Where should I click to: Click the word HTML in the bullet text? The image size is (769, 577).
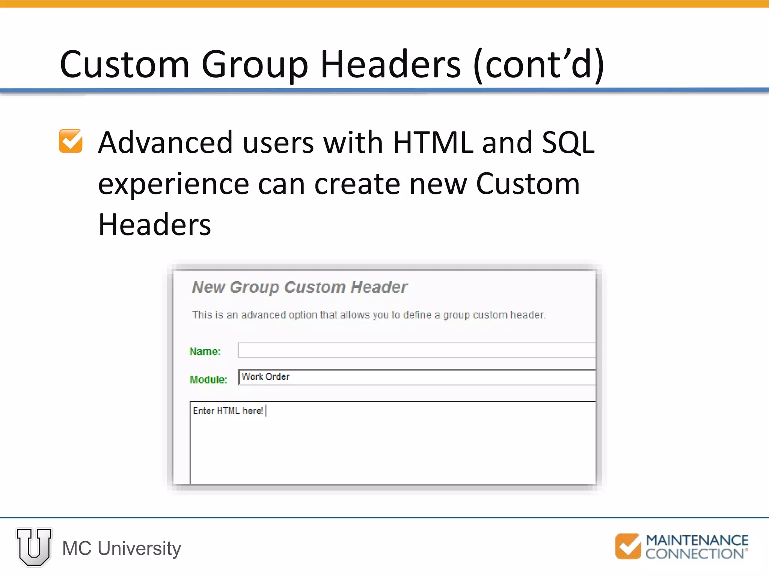(433, 143)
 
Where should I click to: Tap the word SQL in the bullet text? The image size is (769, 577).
(568, 143)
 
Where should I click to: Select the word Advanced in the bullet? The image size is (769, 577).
(165, 143)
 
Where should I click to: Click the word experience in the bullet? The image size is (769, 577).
(173, 185)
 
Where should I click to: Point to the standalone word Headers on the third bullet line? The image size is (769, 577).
(154, 225)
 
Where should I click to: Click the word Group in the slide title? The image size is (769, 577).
(255, 65)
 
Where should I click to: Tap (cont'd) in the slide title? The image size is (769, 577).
(539, 65)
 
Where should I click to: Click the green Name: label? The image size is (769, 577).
(205, 352)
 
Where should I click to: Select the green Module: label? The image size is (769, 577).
(208, 379)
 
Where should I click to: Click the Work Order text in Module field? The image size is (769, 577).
(265, 377)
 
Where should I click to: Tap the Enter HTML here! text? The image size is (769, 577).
(228, 411)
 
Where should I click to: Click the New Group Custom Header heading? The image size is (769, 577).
(300, 287)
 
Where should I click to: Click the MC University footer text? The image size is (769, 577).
(122, 548)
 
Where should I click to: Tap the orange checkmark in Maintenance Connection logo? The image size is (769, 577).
(627, 546)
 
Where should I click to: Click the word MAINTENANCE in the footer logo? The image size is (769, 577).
(697, 540)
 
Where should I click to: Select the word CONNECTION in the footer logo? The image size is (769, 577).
(694, 554)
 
